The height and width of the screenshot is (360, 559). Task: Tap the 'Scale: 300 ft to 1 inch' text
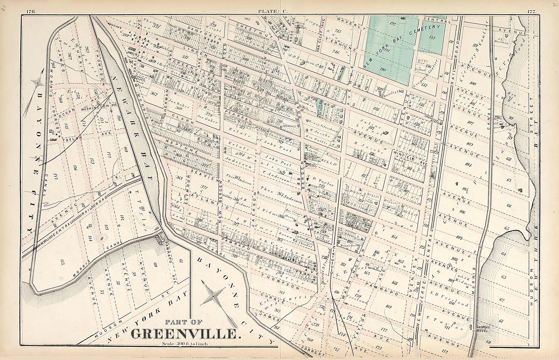[185, 344]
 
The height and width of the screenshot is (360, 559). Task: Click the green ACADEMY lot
[341, 69]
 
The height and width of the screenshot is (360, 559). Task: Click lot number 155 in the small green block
[432, 38]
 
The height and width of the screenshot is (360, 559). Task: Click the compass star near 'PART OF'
[213, 296]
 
